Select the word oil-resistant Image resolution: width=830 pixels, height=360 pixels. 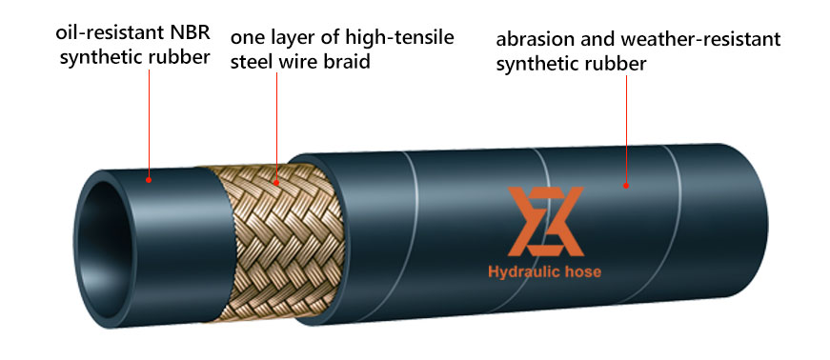click(x=107, y=32)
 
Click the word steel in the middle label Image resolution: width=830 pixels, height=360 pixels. click(x=250, y=62)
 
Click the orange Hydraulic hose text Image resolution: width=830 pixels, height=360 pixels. click(x=545, y=272)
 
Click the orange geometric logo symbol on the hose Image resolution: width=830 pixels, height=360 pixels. click(x=545, y=221)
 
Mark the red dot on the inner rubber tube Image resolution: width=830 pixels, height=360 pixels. click(x=149, y=180)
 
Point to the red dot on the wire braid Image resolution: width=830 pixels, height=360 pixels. click(x=276, y=183)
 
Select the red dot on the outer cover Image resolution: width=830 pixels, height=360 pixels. click(x=626, y=186)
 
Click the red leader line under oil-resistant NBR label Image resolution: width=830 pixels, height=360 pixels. click(x=149, y=124)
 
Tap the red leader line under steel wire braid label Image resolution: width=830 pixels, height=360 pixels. click(x=276, y=127)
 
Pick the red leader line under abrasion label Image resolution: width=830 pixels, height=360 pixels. click(x=626, y=130)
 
